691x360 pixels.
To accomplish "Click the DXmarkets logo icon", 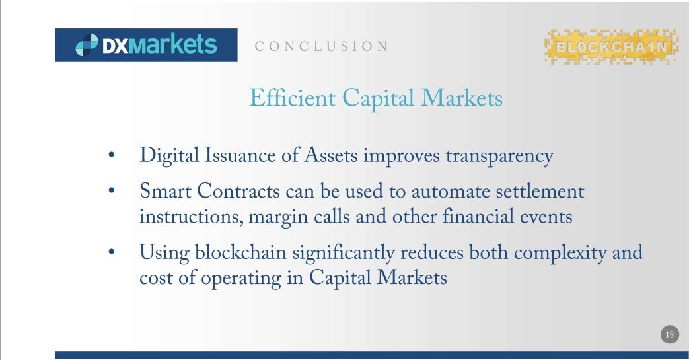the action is [x=87, y=45].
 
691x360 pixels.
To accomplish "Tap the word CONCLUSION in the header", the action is [x=321, y=46].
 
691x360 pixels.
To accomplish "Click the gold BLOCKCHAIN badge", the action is [x=611, y=47].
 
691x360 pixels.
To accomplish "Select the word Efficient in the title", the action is [x=293, y=98].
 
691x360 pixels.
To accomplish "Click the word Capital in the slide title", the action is [x=378, y=98].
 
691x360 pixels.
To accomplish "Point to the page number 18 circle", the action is [x=669, y=334].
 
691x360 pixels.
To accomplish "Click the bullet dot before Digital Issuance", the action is [x=111, y=155].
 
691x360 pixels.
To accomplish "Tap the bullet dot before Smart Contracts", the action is [x=111, y=190].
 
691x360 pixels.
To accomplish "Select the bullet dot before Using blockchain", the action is [x=111, y=252].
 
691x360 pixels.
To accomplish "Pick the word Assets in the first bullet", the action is [x=330, y=155].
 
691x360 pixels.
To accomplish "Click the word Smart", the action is [x=165, y=192].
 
